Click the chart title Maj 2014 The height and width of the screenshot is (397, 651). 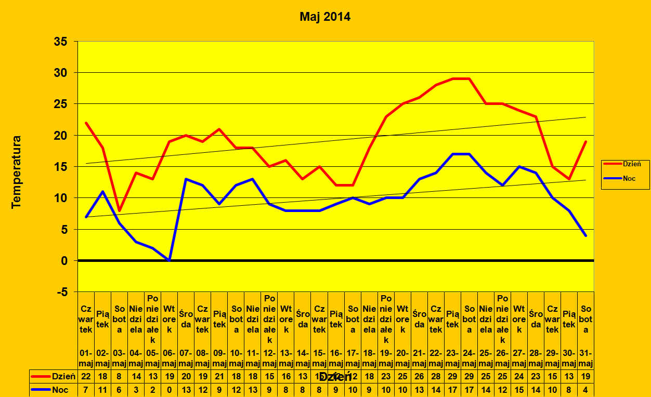[325, 17]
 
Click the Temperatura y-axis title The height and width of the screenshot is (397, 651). [17, 172]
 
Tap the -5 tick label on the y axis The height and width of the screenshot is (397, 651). [62, 292]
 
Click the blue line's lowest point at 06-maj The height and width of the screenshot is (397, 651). [170, 260]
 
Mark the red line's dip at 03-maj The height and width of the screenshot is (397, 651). [120, 210]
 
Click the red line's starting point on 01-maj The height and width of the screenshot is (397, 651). [86, 123]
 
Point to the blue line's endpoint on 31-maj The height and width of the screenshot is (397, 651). [585, 235]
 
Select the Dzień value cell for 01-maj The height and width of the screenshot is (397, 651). [86, 376]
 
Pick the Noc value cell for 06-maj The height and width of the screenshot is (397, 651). [170, 389]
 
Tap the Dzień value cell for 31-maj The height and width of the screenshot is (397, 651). [585, 376]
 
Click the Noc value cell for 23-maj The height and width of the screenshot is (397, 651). [452, 389]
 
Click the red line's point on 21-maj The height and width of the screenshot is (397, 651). [419, 97]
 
